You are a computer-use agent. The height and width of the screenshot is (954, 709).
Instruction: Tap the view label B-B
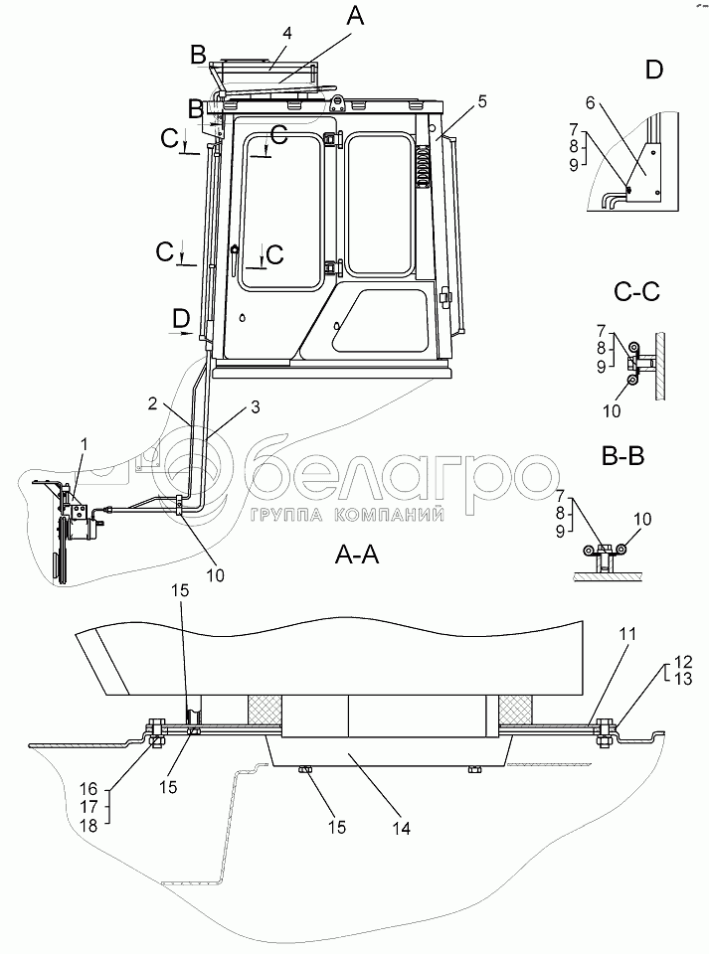(x=623, y=456)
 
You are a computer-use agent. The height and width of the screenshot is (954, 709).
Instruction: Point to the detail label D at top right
(x=653, y=70)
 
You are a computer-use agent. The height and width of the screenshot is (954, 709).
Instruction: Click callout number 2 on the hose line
(x=153, y=402)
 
